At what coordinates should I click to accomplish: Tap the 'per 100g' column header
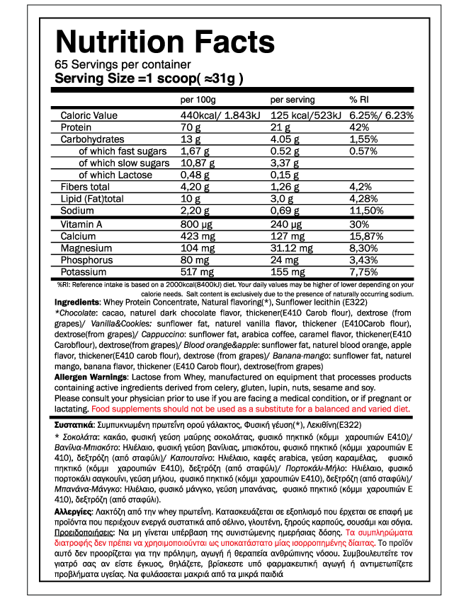[198, 100]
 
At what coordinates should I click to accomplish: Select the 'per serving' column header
[293, 100]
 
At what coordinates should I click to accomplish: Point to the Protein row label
[76, 127]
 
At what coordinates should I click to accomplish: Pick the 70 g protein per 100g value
[191, 127]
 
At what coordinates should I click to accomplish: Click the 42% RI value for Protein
[359, 127]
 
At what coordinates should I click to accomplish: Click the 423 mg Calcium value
[197, 237]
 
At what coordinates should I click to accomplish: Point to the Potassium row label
[84, 272]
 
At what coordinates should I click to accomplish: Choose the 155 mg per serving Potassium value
[289, 272]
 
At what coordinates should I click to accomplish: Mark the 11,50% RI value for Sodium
[366, 211]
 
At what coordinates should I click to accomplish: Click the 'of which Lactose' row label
[115, 175]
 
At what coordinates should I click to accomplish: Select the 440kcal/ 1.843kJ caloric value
[220, 116]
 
